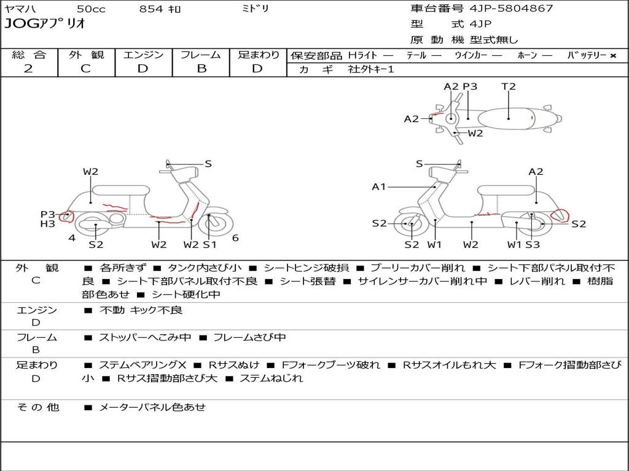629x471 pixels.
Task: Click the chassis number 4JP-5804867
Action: click(x=511, y=9)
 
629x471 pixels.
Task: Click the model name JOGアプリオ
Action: click(x=45, y=23)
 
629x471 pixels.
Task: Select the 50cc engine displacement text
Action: click(x=91, y=9)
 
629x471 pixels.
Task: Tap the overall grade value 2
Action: click(x=28, y=69)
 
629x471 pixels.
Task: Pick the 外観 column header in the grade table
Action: click(x=86, y=55)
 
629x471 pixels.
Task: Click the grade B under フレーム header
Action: click(x=201, y=69)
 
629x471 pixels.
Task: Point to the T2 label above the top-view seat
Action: click(x=508, y=86)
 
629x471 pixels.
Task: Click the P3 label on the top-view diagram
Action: click(x=470, y=86)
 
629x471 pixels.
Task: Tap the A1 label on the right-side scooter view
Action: click(x=378, y=186)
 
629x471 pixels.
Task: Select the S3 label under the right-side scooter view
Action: click(x=533, y=244)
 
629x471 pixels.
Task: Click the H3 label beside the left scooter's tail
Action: click(x=47, y=224)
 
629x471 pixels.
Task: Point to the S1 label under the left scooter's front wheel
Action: click(x=209, y=244)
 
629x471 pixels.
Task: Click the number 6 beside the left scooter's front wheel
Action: click(x=235, y=238)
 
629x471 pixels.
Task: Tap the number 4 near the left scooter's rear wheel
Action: click(x=72, y=238)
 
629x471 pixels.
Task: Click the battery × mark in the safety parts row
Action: click(x=613, y=56)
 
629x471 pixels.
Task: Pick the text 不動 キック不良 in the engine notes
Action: click(x=141, y=310)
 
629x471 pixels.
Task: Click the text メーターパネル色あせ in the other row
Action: click(x=152, y=407)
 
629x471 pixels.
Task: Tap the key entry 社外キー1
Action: click(x=371, y=69)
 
